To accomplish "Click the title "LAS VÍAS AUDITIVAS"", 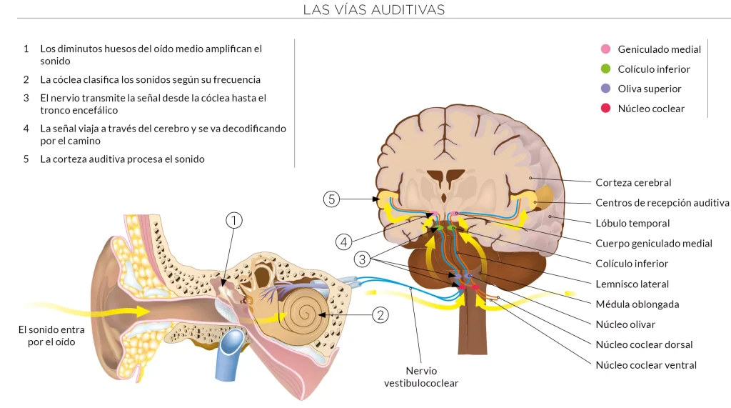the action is [x=374, y=9].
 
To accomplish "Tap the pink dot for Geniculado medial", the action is [x=605, y=49].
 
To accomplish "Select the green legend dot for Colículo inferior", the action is [x=605, y=69].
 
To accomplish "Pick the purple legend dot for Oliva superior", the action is [x=605, y=88].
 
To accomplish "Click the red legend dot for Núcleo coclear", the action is [x=605, y=109].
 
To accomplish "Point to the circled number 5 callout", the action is [x=331, y=199].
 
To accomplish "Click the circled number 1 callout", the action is [x=234, y=220].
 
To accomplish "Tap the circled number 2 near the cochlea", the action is [x=380, y=315].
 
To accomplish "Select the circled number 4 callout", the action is [x=343, y=242].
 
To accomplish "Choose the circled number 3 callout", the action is [x=362, y=259].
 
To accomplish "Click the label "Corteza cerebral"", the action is [x=633, y=182].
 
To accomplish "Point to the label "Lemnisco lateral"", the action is [x=632, y=284].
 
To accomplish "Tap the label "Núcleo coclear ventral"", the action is [x=646, y=365].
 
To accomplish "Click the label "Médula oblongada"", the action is [x=637, y=304].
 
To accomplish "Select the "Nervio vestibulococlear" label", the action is [x=421, y=377].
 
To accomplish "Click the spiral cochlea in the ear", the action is [x=303, y=313].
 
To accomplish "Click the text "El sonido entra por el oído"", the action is [x=51, y=336].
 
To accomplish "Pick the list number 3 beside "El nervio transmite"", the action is [x=26, y=98].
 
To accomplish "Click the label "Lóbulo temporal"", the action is [x=632, y=223].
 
